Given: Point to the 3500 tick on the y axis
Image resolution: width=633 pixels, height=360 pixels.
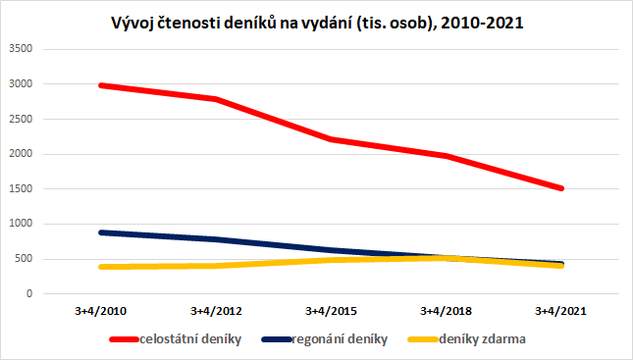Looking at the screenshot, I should pyautogui.click(x=21, y=49).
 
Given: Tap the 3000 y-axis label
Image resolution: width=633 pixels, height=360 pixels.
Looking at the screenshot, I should pyautogui.click(x=21, y=84).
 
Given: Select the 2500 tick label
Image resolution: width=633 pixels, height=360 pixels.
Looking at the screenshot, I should pyautogui.click(x=21, y=119).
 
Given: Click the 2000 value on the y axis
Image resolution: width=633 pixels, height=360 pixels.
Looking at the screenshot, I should pyautogui.click(x=21, y=154).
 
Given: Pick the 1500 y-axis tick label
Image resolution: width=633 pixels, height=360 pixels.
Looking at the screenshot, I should pyautogui.click(x=21, y=189).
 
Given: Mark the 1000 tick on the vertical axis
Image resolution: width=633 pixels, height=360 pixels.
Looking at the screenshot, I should pyautogui.click(x=21, y=224).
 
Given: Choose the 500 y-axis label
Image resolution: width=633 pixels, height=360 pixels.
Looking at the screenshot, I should pyautogui.click(x=25, y=259).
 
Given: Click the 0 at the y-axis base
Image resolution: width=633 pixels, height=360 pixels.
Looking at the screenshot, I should pyautogui.click(x=30, y=294).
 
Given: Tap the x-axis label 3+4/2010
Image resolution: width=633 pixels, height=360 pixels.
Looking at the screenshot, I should pyautogui.click(x=100, y=311).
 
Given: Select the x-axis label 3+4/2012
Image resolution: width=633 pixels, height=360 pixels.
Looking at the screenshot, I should pyautogui.click(x=215, y=311).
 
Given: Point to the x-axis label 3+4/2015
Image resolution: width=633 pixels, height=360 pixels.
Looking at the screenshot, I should pyautogui.click(x=332, y=311).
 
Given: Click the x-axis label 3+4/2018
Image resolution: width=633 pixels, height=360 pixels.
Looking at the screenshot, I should pyautogui.click(x=447, y=311).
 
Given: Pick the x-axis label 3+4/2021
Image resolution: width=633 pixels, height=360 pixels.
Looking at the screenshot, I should pyautogui.click(x=561, y=311).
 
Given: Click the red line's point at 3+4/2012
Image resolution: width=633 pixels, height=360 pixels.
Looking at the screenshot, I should pyautogui.click(x=215, y=99).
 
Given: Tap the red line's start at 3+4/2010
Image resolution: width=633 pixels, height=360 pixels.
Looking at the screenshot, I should pyautogui.click(x=100, y=85).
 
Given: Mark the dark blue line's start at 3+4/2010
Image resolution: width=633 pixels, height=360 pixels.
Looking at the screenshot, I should pyautogui.click(x=100, y=232).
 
